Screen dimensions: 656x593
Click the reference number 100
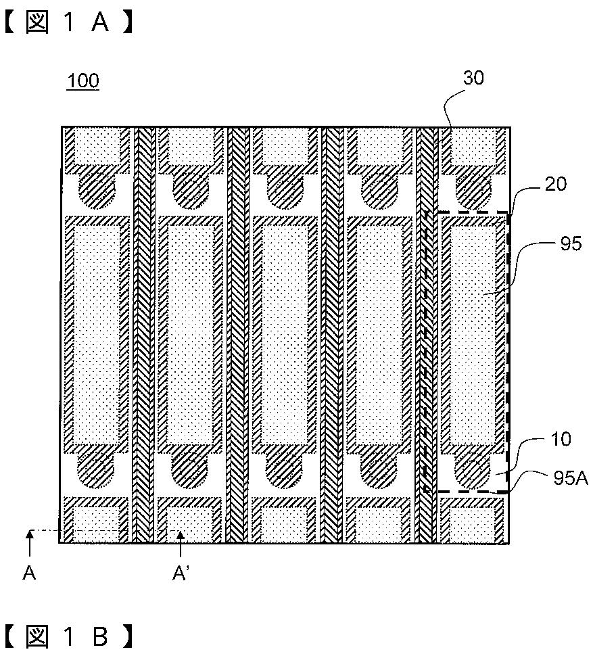tap(82, 82)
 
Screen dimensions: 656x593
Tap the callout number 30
tap(473, 78)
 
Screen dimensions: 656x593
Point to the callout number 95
tap(571, 243)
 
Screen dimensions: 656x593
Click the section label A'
tap(180, 574)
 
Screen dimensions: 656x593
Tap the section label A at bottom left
tap(29, 574)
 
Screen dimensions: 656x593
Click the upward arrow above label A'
tap(180, 542)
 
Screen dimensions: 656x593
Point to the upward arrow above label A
tap(29, 542)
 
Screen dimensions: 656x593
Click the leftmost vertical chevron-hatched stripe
tap(143, 335)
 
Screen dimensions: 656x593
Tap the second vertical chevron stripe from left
tap(237, 335)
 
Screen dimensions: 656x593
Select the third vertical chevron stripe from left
tap(331, 335)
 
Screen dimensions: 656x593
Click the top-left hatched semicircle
tap(97, 189)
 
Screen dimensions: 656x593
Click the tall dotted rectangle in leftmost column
tap(96, 335)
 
